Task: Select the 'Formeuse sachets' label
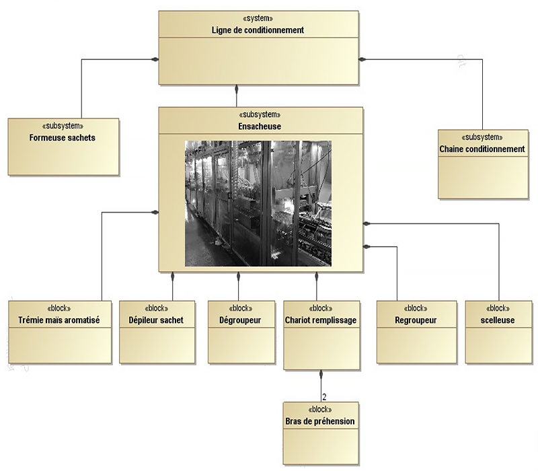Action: tap(63, 138)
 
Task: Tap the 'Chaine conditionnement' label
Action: tap(482, 149)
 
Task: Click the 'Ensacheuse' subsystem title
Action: tap(260, 126)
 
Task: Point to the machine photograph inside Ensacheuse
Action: tap(258, 203)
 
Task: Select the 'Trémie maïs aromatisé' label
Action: tap(60, 320)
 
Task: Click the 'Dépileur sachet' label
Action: tap(156, 320)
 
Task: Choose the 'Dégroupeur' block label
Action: tap(240, 320)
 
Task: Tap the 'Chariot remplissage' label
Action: tap(321, 320)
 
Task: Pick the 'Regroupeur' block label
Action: tap(416, 320)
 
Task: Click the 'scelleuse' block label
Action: tap(498, 320)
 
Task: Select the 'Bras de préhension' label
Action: tap(320, 421)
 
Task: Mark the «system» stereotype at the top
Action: tap(260, 19)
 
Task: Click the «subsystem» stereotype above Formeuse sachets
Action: tap(63, 126)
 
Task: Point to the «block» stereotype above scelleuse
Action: tap(498, 309)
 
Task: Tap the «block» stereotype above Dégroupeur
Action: tap(240, 309)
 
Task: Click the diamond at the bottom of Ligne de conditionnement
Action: tap(237, 88)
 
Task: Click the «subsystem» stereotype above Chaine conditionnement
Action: tap(482, 137)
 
